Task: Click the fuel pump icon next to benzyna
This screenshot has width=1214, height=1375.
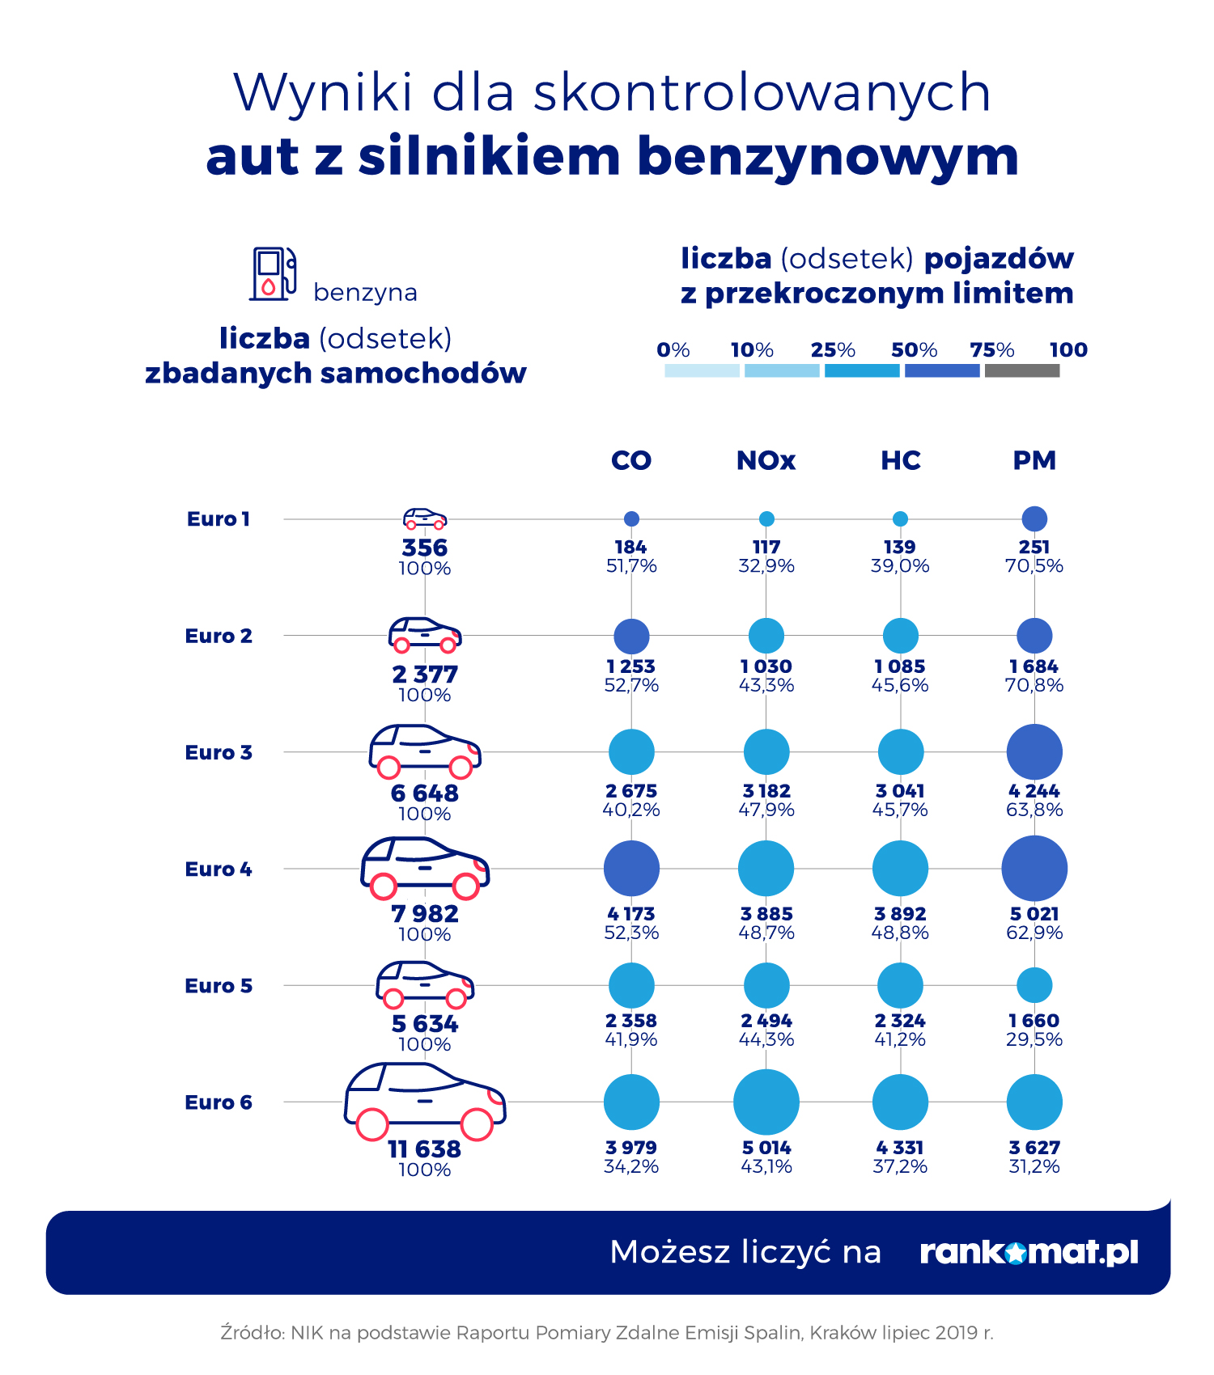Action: coord(272,274)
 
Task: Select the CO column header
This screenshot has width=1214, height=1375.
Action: coord(631,460)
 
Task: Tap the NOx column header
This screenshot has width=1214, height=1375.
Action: coord(766,460)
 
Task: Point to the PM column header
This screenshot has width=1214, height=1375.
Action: coord(1034,460)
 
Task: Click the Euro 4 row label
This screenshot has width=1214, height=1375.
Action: coord(219,869)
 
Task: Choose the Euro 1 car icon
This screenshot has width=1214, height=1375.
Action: coord(425,518)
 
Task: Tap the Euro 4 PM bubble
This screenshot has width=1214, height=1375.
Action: coord(1034,869)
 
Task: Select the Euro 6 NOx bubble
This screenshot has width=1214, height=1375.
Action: coord(766,1102)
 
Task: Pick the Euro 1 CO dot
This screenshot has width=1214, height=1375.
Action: coord(631,518)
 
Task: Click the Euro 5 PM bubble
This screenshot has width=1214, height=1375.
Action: coord(1034,985)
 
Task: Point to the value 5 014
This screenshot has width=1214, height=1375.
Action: coord(766,1148)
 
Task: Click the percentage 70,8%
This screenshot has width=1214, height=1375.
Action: coord(1034,686)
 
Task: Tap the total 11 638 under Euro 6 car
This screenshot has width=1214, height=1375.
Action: coord(425,1149)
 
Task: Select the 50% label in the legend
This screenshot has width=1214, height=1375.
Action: coord(914,350)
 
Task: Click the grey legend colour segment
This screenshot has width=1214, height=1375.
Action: coord(1022,370)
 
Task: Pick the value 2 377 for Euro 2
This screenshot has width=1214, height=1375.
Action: coord(425,675)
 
